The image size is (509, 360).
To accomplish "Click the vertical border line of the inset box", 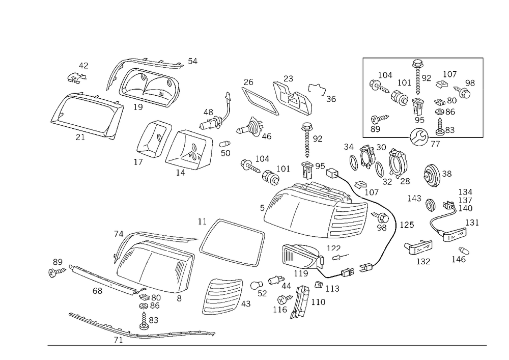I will click(x=363, y=97).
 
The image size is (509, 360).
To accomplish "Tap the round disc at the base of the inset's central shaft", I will click(x=419, y=134).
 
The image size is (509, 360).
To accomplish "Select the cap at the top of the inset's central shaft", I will click(x=418, y=64).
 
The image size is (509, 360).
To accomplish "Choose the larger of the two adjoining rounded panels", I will click(x=188, y=148).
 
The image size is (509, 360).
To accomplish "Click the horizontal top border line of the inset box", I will click(x=422, y=59).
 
